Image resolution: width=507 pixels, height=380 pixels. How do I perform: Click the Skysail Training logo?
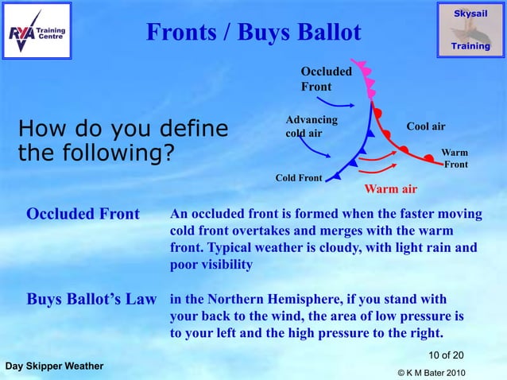470,29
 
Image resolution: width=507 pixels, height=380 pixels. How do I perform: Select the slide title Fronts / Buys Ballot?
253,32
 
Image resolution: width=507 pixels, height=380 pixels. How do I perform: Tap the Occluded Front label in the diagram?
325,79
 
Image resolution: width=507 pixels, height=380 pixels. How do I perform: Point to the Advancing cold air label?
311,126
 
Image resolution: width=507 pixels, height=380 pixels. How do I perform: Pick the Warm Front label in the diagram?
455,158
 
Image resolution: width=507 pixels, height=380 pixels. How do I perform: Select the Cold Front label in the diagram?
298,177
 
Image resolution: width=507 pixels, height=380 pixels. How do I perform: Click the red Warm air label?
390,189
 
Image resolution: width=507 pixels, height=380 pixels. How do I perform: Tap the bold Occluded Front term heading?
83,215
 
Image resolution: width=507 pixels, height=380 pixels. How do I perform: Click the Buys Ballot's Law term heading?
91,300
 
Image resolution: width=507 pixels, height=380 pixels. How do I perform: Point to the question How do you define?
122,128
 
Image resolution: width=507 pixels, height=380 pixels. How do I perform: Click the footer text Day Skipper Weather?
53,366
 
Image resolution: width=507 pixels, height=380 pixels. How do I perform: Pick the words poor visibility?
211,265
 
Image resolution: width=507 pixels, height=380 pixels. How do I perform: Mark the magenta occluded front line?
368,79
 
